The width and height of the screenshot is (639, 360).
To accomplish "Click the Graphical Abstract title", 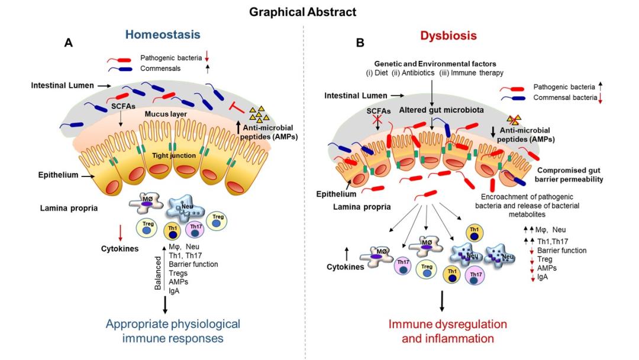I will pos(319,12).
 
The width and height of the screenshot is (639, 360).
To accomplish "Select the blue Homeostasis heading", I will pos(162,36).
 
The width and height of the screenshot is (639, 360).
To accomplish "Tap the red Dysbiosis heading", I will pos(448,36).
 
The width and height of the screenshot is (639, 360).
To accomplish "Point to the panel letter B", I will pos(360,43).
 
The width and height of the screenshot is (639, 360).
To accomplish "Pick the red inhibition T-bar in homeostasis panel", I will pos(236,107).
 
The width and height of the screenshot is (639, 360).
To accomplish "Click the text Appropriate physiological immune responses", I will pos(173,331).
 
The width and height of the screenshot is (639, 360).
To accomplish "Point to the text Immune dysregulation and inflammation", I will pos(447,331).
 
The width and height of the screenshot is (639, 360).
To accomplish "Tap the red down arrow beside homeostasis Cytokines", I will pos(120,232).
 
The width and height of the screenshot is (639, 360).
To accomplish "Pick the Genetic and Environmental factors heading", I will pos(433,63).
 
